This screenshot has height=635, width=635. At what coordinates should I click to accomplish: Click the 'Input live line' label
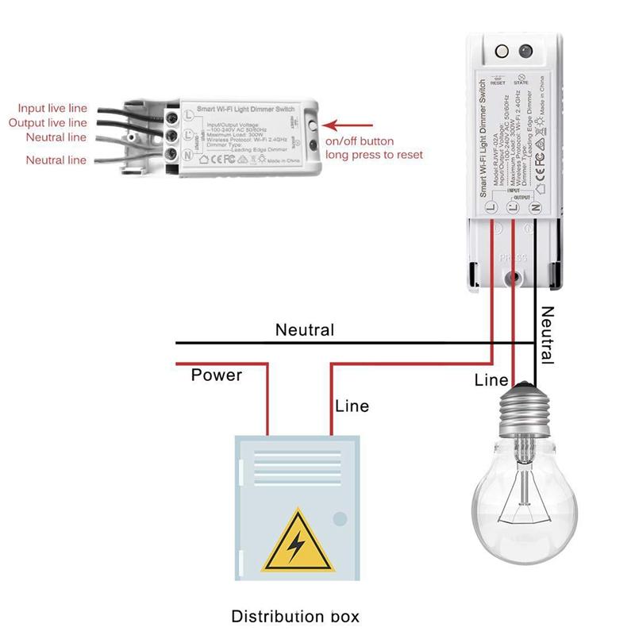click(54, 109)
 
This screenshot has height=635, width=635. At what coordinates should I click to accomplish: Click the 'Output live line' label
click(48, 123)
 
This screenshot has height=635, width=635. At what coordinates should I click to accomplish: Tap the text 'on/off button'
click(360, 141)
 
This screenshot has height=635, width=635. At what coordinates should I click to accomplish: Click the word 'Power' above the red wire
click(216, 375)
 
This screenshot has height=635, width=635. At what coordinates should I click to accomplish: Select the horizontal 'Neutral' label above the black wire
click(305, 330)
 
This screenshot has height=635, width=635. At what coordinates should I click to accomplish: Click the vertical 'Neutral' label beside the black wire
click(547, 333)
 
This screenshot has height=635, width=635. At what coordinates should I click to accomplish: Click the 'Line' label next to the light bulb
click(491, 380)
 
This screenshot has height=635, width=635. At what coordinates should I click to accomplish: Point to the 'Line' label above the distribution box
click(352, 406)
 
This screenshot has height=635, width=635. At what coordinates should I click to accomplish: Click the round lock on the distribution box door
click(340, 519)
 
